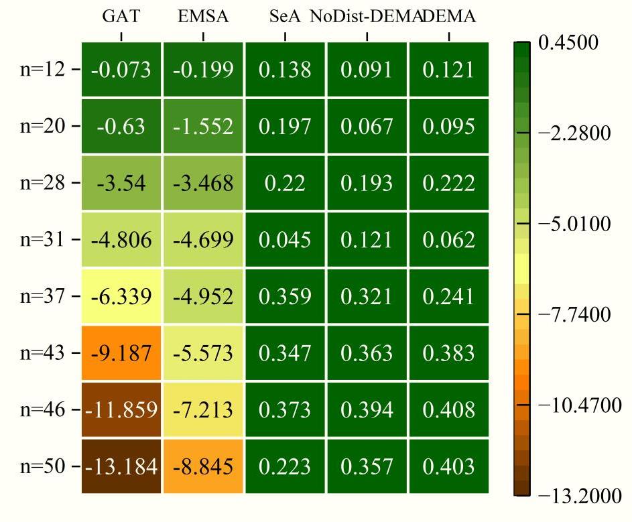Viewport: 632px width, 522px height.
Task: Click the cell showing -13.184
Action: tap(121, 466)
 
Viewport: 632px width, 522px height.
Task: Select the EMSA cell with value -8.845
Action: tap(203, 466)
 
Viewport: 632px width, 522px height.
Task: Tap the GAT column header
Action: tap(121, 17)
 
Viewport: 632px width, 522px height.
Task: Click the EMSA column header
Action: tap(203, 17)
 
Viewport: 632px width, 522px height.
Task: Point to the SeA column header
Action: tap(285, 17)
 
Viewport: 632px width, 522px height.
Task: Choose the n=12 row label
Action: tap(43, 69)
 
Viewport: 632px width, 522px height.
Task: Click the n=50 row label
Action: tap(43, 466)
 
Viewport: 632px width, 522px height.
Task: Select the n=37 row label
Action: tap(43, 296)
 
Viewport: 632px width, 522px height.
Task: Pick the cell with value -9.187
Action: tap(121, 353)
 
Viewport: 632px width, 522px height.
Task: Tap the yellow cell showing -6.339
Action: tap(121, 296)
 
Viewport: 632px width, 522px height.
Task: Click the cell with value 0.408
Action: tap(448, 409)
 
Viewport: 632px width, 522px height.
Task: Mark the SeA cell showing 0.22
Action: tap(285, 183)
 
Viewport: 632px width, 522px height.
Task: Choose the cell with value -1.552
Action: tap(203, 126)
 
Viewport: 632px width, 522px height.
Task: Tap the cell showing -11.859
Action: tap(121, 409)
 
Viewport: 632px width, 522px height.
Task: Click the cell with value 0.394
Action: tap(367, 409)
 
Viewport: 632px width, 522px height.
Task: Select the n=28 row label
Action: tap(43, 183)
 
